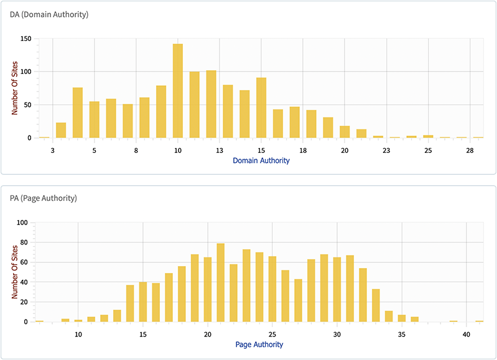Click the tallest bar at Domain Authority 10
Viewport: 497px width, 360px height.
point(178,91)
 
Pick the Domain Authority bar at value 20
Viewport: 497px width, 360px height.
point(345,132)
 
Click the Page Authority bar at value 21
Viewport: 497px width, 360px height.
point(220,283)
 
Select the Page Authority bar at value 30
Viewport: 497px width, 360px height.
point(337,290)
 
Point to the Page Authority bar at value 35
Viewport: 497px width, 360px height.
point(402,318)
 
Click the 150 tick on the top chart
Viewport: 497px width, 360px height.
point(25,39)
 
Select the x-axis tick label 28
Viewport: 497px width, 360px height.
point(470,150)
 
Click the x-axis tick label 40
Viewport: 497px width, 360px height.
point(467,335)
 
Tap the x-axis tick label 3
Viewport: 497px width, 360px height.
point(53,150)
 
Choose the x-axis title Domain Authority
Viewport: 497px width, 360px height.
point(261,160)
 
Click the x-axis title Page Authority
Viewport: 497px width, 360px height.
point(259,344)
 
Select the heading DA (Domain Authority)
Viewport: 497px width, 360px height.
point(49,14)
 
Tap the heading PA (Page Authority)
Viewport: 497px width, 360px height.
point(44,198)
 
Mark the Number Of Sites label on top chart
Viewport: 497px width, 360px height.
point(14,88)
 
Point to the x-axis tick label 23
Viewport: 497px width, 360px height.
point(386,150)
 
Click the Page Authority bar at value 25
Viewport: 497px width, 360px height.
point(272,289)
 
